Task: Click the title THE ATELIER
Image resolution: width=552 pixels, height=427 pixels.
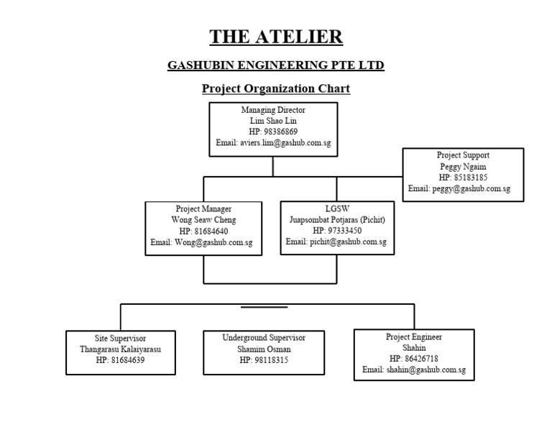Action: (x=276, y=37)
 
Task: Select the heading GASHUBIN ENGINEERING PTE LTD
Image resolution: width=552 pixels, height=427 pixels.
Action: (x=276, y=65)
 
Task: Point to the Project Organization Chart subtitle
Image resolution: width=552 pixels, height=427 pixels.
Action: (x=276, y=89)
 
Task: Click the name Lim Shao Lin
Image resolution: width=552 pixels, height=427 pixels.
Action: (x=273, y=121)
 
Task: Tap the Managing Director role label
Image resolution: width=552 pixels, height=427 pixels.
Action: (x=273, y=111)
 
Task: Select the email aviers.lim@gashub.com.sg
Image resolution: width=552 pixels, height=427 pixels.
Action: (x=273, y=143)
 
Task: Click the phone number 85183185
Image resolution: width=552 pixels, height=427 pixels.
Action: (x=469, y=177)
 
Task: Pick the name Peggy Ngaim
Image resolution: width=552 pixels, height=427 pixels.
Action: (x=463, y=166)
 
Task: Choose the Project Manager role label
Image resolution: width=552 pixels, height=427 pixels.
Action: (x=203, y=208)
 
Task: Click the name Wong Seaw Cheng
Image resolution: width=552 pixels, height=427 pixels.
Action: (x=203, y=220)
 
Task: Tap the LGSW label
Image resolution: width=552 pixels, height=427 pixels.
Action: (x=336, y=208)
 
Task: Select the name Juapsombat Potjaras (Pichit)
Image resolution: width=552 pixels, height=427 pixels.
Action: (x=336, y=219)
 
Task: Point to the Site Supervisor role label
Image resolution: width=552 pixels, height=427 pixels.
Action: (x=121, y=338)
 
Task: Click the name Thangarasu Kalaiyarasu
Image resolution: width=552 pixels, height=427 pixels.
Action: (x=121, y=349)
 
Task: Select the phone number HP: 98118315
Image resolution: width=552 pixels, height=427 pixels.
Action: (x=264, y=360)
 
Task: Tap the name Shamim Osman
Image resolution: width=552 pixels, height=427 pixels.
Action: (x=264, y=349)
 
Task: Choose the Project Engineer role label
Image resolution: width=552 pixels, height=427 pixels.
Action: (x=414, y=336)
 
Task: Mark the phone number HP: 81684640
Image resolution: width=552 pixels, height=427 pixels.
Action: (x=203, y=231)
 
